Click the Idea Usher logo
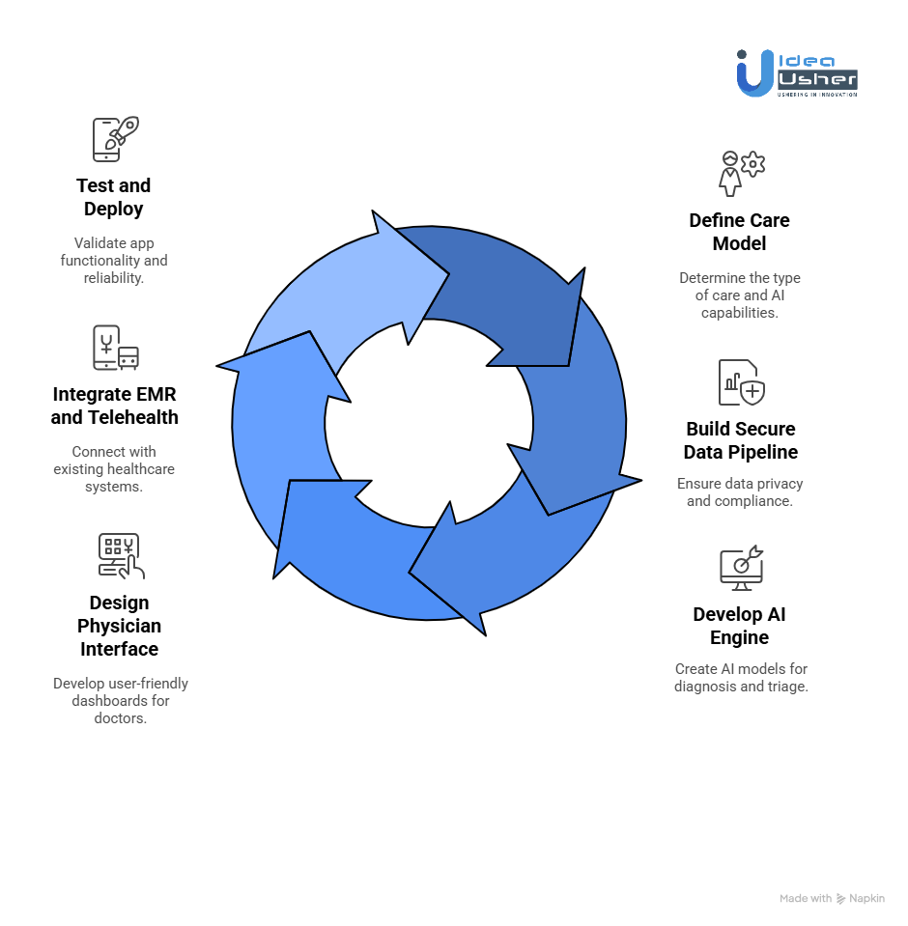coord(796,73)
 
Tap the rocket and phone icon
coord(115,139)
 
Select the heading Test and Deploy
coord(114,197)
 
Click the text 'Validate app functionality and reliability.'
coord(114,261)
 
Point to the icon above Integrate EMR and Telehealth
coord(115,348)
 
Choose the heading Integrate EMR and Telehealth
coord(115,406)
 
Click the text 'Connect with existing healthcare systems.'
coord(114,469)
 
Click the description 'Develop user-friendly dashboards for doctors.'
coord(121,700)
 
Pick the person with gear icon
coord(740,173)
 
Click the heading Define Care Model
coord(739,232)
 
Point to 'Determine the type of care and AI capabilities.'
coord(739,295)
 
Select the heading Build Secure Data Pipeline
coord(741,440)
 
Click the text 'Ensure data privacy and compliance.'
coord(740,492)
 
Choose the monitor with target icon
coord(741,568)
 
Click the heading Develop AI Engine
coord(740,626)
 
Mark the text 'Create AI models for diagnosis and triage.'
coord(740,678)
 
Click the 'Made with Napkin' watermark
coord(832,898)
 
